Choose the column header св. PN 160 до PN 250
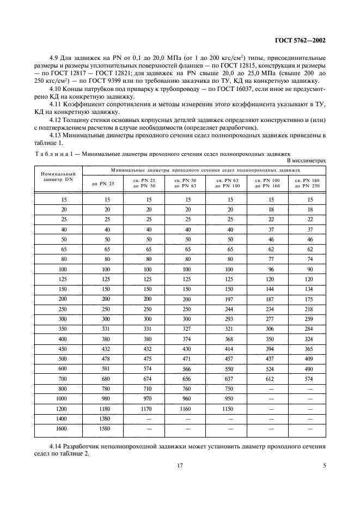[307, 183]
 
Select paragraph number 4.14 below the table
[55, 446]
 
